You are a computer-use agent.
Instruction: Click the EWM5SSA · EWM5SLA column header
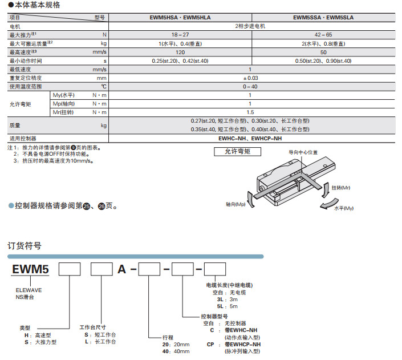(323, 18)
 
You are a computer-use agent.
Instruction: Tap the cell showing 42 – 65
(323, 35)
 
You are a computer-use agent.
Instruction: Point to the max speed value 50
(323, 52)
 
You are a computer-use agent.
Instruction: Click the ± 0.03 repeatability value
(250, 78)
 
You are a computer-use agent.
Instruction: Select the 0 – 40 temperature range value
(250, 87)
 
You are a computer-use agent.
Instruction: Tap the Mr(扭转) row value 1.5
(250, 112)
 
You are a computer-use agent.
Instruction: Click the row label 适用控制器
(23, 139)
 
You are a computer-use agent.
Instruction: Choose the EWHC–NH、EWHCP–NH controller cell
(250, 139)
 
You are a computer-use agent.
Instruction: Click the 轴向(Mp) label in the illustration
(235, 203)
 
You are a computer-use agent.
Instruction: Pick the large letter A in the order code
(122, 269)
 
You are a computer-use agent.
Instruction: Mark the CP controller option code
(211, 345)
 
